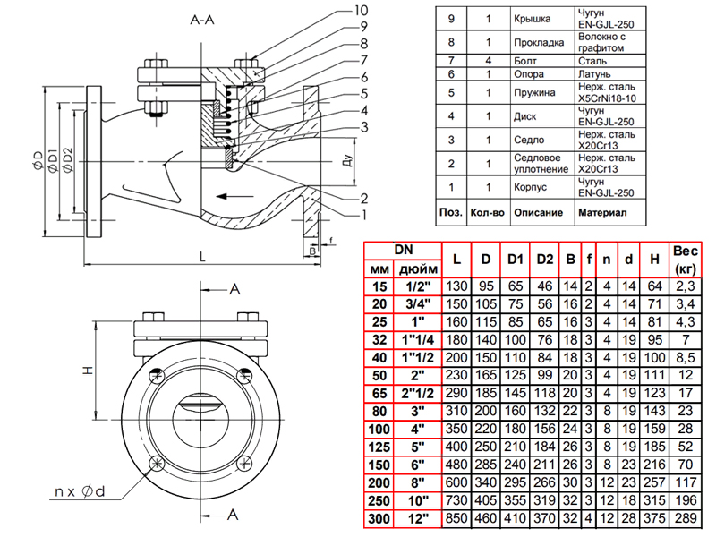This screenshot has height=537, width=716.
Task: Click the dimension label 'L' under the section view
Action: [x=203, y=256]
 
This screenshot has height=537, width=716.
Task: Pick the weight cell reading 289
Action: [x=685, y=518]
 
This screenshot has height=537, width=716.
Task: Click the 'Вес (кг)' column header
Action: [x=685, y=259]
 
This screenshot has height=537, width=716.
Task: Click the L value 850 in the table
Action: [x=457, y=518]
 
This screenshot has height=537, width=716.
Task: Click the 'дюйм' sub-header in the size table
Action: [x=419, y=268]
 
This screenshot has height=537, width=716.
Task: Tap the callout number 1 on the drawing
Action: [x=365, y=215]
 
